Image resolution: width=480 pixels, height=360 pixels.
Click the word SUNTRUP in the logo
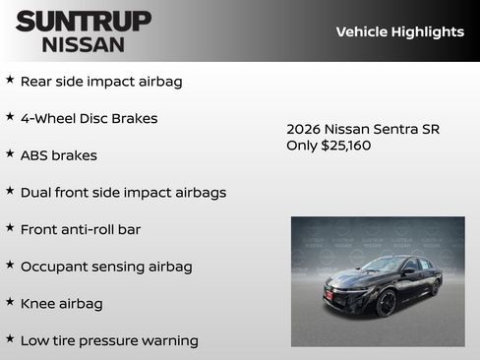click(84, 21)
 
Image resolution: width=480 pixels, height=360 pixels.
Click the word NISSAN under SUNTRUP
click(84, 44)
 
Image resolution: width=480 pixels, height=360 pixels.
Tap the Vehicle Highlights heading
click(399, 31)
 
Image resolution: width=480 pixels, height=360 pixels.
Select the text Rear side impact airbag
click(101, 82)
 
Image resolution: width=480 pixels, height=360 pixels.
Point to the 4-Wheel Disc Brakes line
click(89, 118)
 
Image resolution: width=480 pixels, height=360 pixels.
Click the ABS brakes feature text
click(59, 155)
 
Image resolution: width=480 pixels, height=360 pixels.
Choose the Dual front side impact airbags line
click(123, 193)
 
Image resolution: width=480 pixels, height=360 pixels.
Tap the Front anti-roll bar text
click(81, 229)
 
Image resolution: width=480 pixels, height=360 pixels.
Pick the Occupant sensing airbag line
click(106, 267)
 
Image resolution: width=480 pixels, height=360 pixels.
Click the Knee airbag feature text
click(62, 304)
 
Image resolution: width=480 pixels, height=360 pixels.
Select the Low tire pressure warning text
click(109, 340)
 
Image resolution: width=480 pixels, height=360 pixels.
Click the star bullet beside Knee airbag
click(10, 302)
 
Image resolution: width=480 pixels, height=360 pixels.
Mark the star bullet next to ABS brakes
click(10, 153)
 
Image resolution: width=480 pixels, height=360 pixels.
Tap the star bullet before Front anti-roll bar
click(10, 227)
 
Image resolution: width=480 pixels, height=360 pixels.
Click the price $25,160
click(346, 146)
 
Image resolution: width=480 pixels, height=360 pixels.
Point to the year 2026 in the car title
click(303, 129)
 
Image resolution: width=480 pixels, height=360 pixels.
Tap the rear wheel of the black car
click(434, 286)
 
